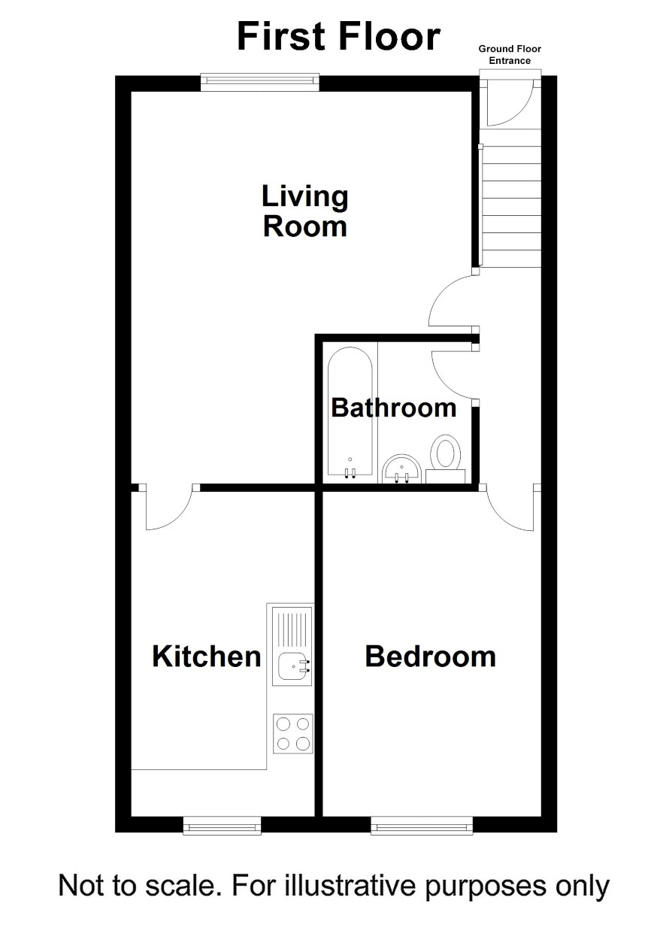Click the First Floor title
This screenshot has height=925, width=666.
[x=339, y=37]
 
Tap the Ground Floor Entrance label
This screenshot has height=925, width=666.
[x=510, y=55]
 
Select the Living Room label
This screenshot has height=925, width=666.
[x=305, y=211]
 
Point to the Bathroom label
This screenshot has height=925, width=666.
[x=394, y=408]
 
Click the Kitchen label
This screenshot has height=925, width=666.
[x=207, y=657]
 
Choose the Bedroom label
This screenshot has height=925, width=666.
[x=431, y=657]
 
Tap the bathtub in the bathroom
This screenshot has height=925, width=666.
[x=350, y=413]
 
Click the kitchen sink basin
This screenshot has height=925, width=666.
[x=294, y=666]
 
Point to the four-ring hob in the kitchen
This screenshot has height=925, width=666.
[x=293, y=733]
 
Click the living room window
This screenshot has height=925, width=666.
[x=260, y=82]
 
